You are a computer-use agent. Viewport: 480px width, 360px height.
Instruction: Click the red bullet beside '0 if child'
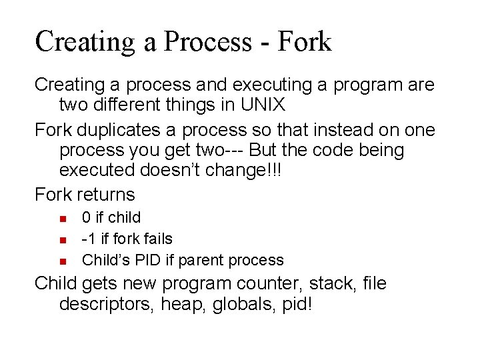click(x=62, y=218)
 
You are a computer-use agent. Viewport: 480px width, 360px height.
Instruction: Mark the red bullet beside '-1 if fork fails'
click(x=62, y=239)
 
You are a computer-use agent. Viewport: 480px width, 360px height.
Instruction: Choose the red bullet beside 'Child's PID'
click(x=62, y=261)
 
